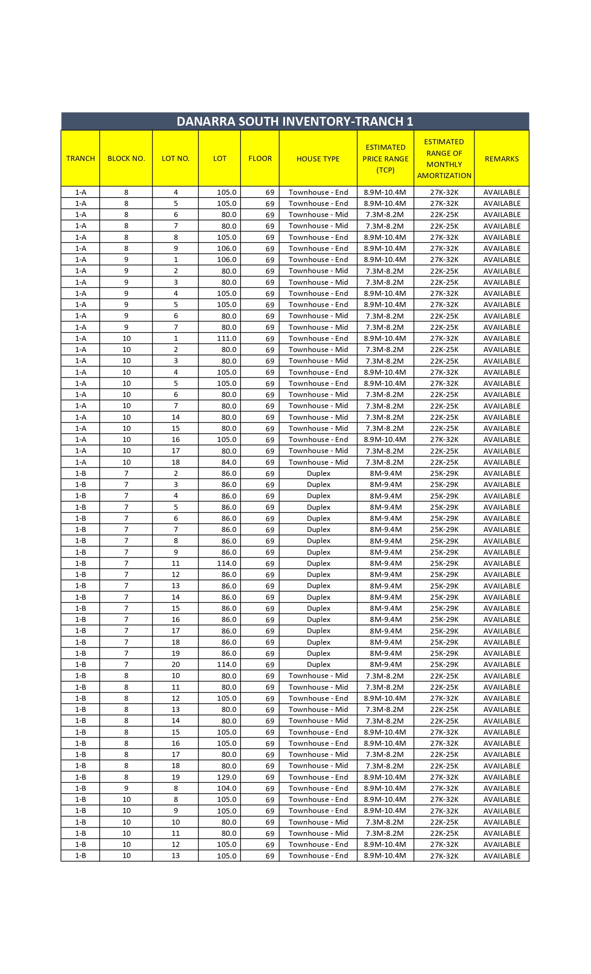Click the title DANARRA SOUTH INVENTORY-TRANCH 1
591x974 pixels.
[295, 122]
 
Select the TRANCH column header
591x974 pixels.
[81, 159]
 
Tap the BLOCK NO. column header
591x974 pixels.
[126, 159]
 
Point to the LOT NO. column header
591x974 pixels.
[176, 159]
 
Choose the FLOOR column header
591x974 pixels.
[260, 159]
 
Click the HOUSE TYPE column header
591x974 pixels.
[318, 159]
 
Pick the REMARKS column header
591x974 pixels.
[502, 159]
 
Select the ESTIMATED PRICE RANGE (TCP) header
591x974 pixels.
[386, 159]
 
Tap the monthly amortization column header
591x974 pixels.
[444, 159]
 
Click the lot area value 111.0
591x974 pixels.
[227, 339]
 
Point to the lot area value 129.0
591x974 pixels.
[227, 777]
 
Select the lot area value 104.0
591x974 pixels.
[227, 788]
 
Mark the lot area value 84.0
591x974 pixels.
[229, 462]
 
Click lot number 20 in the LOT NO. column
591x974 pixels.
[176, 665]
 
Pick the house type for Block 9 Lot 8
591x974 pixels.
[318, 788]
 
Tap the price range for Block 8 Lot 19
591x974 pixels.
[385, 777]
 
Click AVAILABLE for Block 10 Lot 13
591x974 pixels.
[502, 856]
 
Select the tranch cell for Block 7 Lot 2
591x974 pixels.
[81, 474]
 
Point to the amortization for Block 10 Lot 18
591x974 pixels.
[444, 462]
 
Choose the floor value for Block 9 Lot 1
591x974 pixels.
[270, 260]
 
